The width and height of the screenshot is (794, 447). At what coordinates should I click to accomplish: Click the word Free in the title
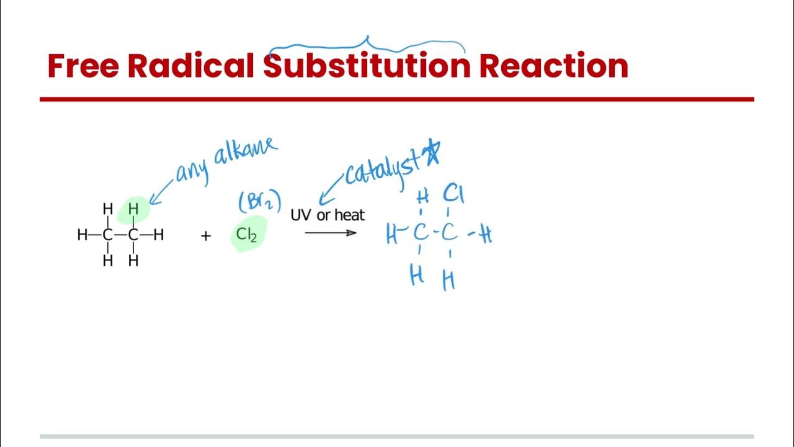pos(83,66)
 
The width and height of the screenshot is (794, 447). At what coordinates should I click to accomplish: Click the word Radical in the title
pos(190,66)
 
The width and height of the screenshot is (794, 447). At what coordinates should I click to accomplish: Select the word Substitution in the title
pos(367,66)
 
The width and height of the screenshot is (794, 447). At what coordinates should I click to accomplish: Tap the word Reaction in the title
pos(553,66)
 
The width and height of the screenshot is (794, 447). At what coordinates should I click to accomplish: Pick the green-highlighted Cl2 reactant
pos(246,235)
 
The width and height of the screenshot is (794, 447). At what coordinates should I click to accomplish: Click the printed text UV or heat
pos(328,215)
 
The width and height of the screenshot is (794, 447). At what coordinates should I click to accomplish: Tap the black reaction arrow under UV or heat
pos(331,233)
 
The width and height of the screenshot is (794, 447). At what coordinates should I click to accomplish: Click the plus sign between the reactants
pos(206,236)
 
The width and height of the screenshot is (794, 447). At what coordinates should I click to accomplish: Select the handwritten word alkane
pos(246,154)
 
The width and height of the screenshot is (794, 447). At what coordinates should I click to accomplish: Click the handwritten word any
pos(192,170)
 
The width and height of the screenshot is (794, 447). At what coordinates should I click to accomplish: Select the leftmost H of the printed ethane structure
pos(82,235)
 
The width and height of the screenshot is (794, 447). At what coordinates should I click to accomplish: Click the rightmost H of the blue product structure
pos(486,235)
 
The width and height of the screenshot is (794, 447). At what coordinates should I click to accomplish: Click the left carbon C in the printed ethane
pos(108,235)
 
